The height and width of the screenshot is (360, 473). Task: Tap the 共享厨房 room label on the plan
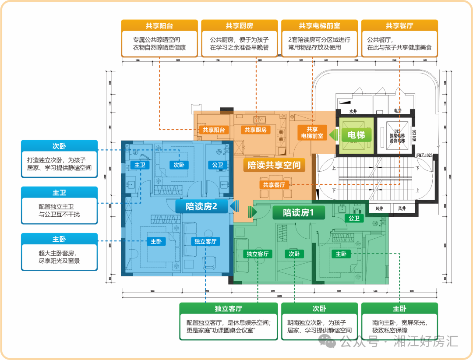coord(255,130)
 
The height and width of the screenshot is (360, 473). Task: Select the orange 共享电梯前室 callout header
coord(319,26)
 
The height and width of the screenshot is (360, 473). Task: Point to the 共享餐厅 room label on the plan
coord(274,185)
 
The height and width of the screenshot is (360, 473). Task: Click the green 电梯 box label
coord(356,135)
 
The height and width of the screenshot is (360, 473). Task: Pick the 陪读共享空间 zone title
coord(274,165)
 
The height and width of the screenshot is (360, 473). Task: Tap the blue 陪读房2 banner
coord(201,206)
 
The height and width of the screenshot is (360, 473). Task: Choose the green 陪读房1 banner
coord(299,213)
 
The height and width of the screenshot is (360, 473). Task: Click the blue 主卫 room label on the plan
coord(140,165)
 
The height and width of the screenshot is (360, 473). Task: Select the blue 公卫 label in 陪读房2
coord(218,165)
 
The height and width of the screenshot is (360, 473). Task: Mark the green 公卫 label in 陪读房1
coord(353,218)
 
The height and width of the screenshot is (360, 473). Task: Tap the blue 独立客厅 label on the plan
coord(205,241)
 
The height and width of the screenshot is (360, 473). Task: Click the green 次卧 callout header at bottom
coord(319,309)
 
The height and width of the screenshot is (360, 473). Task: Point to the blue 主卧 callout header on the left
coord(59,240)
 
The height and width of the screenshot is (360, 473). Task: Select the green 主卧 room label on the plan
coord(341,254)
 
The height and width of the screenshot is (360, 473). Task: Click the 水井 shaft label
coord(353,111)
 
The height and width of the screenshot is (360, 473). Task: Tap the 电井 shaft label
coord(397,111)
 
